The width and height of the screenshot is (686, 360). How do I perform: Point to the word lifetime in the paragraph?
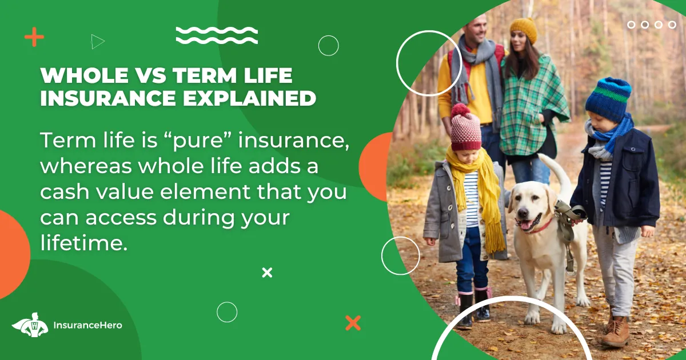coord(83,243)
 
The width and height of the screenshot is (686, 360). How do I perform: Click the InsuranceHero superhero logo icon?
coord(30,325)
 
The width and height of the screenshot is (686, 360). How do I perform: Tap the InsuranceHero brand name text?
coord(87,325)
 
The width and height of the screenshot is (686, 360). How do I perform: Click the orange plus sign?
coord(34,37)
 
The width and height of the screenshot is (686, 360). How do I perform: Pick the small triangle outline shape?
coord(98,42)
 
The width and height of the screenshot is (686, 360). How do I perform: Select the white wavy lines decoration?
coord(217,35)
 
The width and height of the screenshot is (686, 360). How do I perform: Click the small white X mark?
coord(267,273)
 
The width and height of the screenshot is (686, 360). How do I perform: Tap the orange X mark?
coord(353,323)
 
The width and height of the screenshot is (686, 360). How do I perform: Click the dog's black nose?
coord(523,213)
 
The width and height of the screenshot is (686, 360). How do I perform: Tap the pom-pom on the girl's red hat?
coord(460,111)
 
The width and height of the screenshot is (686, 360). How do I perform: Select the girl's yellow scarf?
coord(478,196)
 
